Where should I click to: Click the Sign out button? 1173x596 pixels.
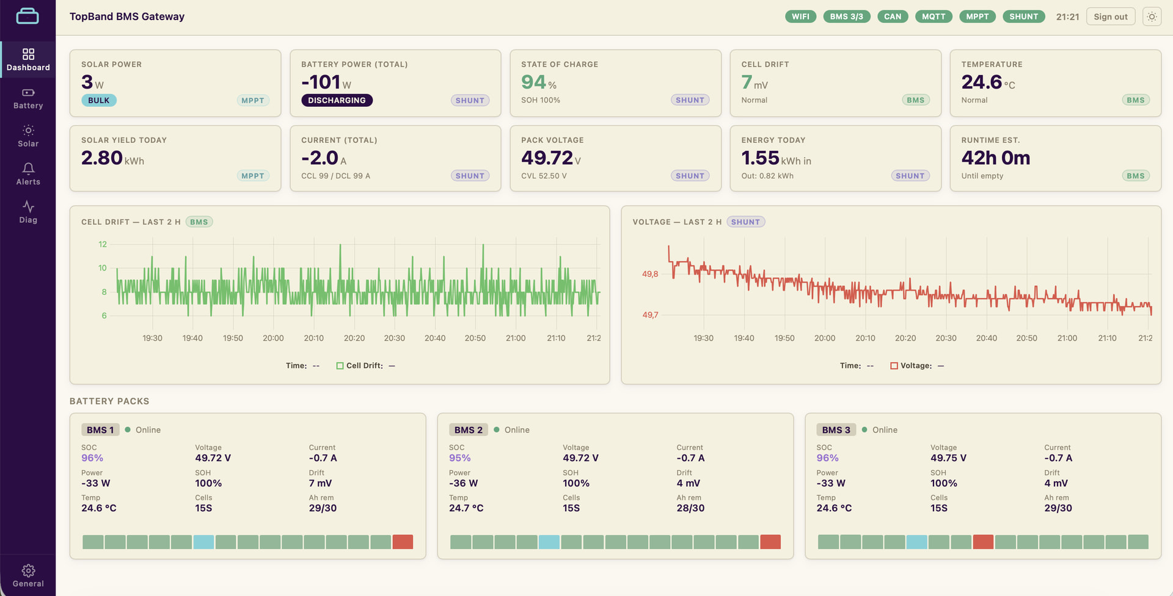[1111, 16]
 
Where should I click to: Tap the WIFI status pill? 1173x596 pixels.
[800, 16]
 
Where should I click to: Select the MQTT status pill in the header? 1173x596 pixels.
[934, 16]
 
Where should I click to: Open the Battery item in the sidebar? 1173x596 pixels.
[28, 98]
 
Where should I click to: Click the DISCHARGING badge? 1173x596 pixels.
[337, 100]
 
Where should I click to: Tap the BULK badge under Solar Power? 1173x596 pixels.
[98, 100]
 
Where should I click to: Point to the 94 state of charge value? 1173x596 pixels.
[533, 82]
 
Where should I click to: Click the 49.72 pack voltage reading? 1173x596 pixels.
[547, 158]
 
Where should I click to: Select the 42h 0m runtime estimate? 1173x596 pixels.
[996, 158]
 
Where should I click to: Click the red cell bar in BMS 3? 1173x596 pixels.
[983, 542]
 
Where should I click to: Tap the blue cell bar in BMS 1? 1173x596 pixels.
[203, 542]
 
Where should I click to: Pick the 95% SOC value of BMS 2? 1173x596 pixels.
[460, 458]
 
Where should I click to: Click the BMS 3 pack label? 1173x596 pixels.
[836, 430]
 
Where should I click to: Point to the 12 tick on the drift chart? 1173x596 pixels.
[103, 244]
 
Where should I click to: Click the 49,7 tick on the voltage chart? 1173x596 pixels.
[650, 315]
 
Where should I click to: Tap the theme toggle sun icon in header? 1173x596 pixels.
[1152, 16]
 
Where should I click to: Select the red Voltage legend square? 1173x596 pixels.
[894, 366]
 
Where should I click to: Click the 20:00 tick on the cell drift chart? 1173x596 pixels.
[273, 338]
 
